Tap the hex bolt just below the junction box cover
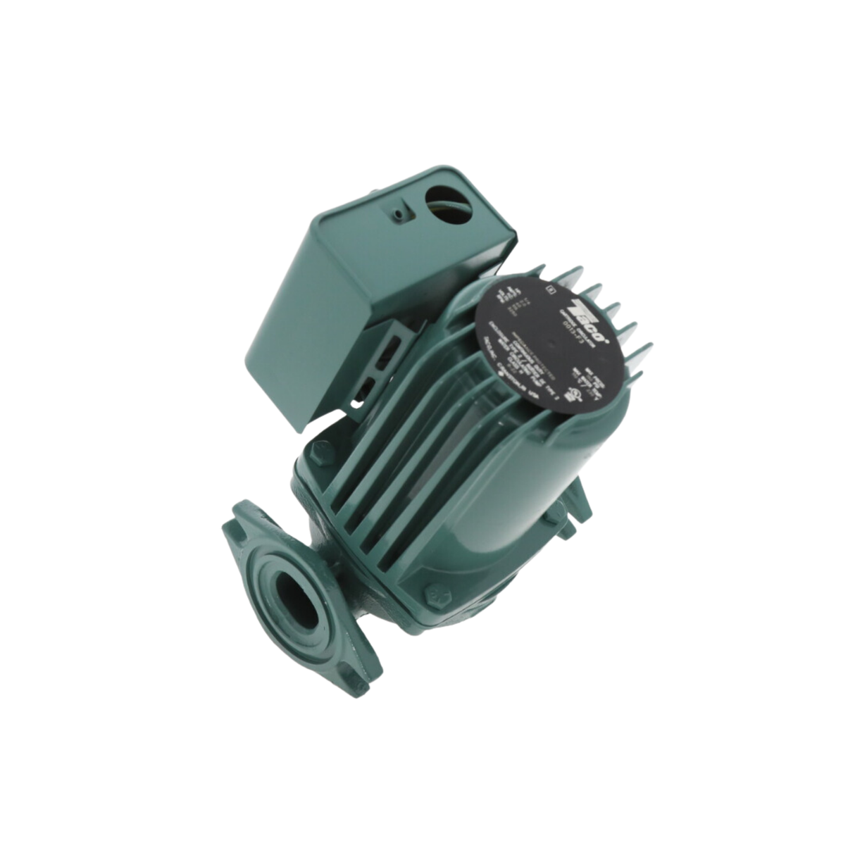pos(321,451)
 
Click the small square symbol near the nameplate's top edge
pos(550,288)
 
